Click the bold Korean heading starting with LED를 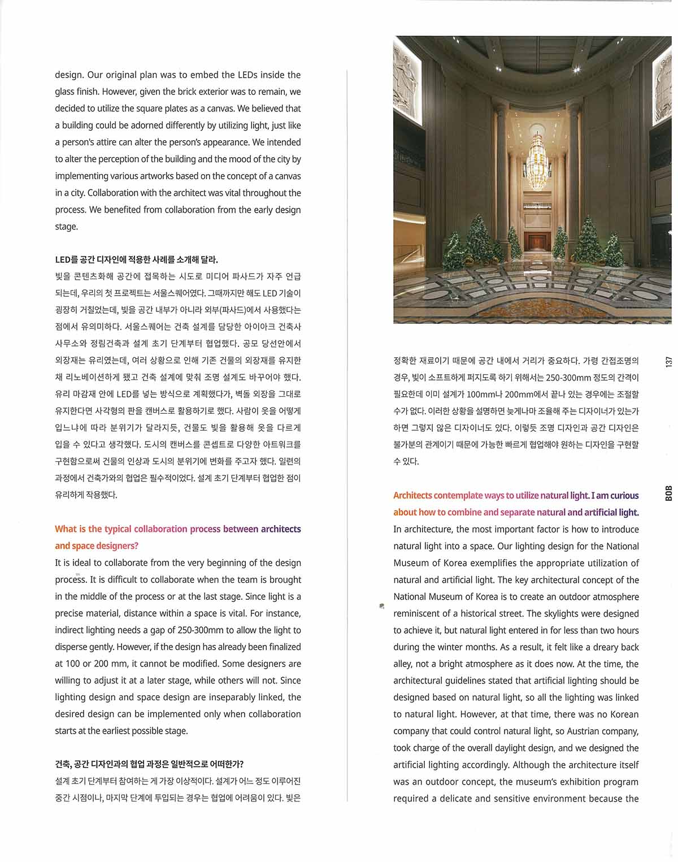coord(136,260)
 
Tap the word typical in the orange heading coord(118,529)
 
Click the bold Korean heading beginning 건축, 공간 coord(149,764)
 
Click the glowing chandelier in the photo coord(533,164)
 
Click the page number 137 coord(668,362)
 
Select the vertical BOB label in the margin coord(668,493)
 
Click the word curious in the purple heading coord(624,496)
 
